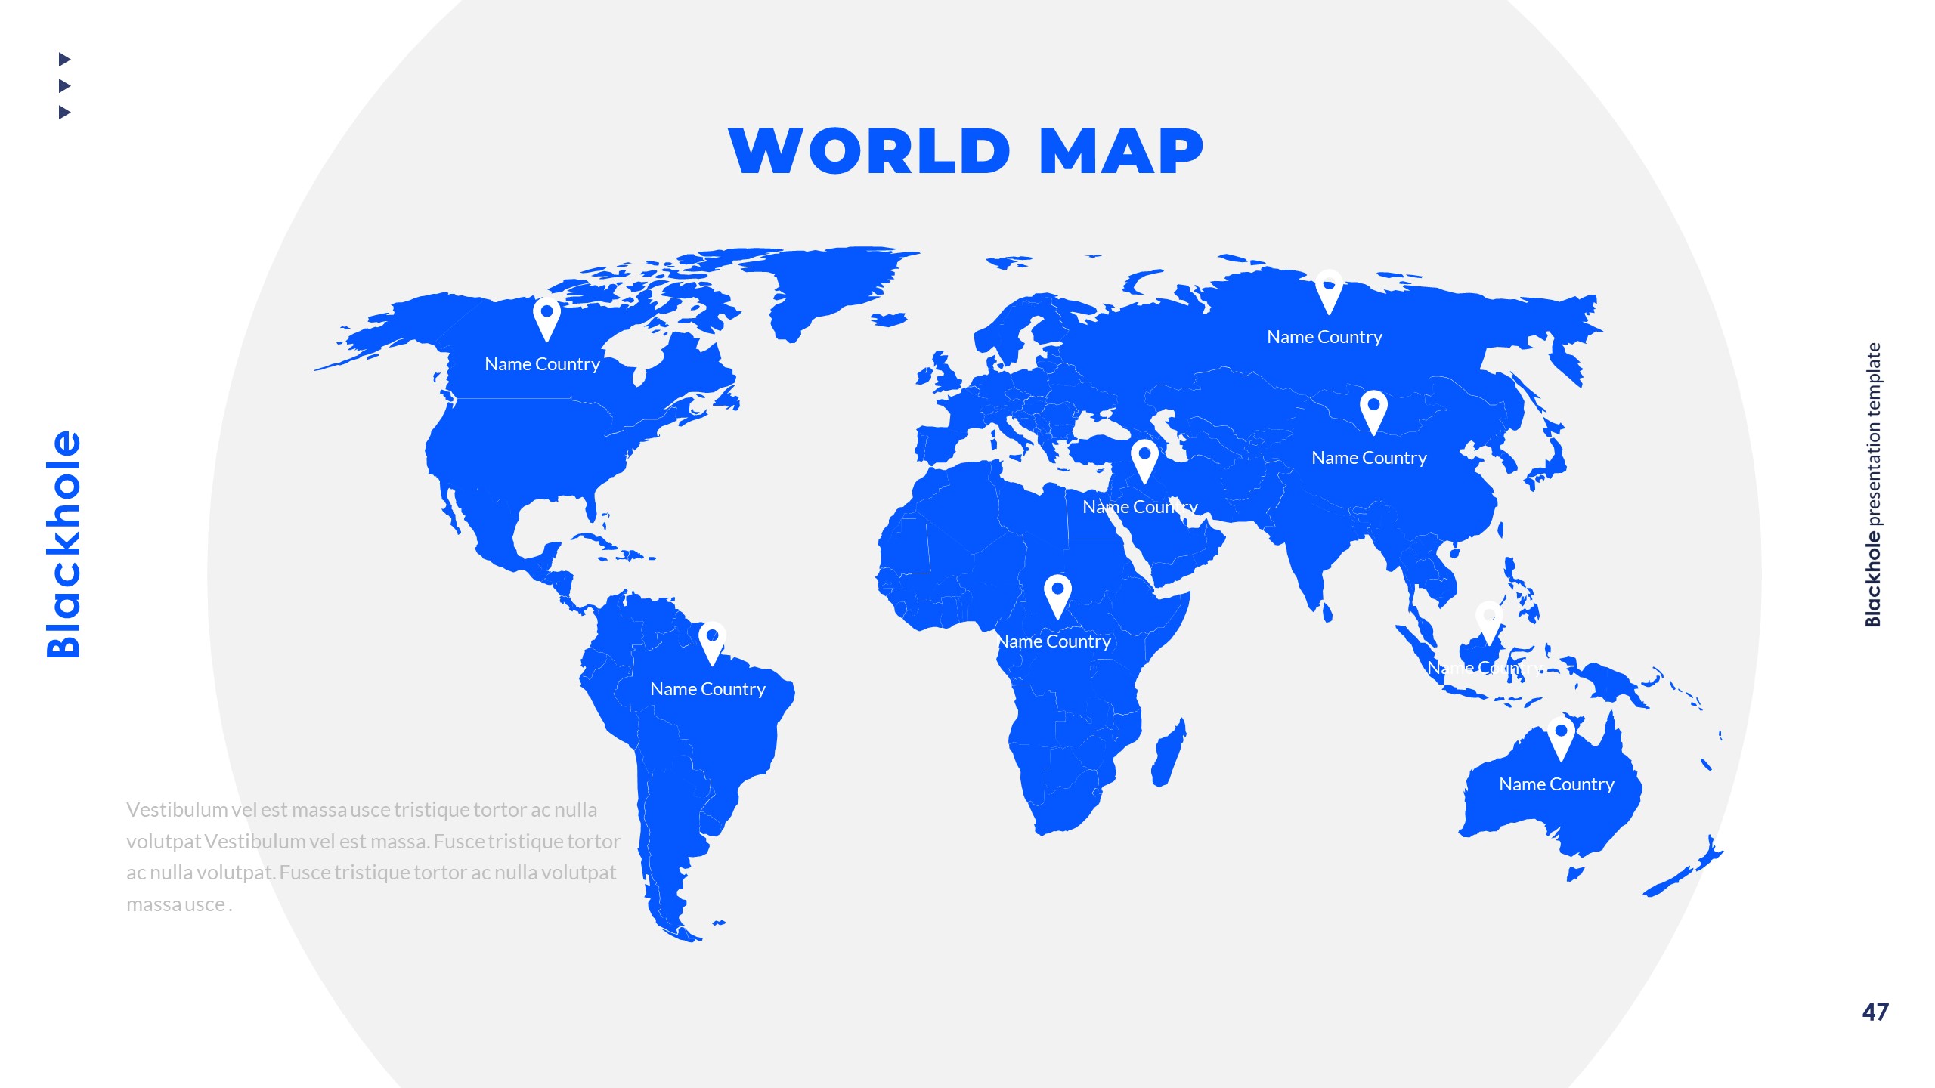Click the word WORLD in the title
point(869,151)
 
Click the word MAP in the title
point(1121,151)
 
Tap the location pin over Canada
point(546,317)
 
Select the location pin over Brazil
point(712,642)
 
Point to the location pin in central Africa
point(1057,595)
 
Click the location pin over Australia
point(1561,737)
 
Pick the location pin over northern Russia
point(1329,292)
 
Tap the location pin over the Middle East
point(1144,460)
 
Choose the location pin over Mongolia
point(1373,411)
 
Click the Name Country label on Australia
point(1556,784)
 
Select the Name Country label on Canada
point(542,364)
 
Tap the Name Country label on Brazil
point(707,689)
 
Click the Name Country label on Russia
point(1324,337)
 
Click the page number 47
point(1875,1012)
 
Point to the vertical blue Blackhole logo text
point(63,544)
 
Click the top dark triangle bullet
point(64,59)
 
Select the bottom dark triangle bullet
point(64,113)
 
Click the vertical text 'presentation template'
point(1873,434)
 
